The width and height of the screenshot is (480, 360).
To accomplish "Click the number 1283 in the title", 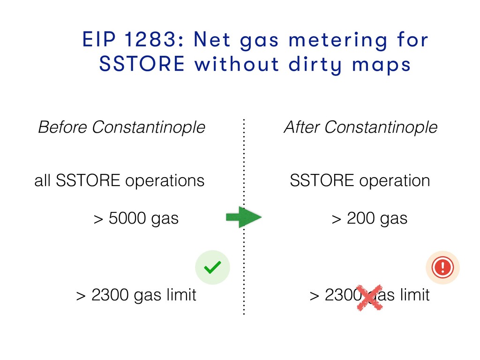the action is coord(150,39).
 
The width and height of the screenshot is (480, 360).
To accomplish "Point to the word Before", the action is coord(62,127).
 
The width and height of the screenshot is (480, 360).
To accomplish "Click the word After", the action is coord(302,127).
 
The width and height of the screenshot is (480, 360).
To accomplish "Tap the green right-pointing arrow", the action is coord(244,217).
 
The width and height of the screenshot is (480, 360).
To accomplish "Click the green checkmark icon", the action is coord(212,267).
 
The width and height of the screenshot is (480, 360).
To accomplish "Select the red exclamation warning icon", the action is coord(442,267).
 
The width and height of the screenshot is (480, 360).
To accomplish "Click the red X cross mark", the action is coord(370,298).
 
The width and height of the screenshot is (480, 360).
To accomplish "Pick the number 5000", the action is coord(127,218).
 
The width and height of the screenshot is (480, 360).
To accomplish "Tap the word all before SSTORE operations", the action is coord(42,180).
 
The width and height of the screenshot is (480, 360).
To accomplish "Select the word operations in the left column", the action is coord(165,181).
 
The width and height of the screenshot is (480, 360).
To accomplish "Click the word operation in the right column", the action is coord(395,181).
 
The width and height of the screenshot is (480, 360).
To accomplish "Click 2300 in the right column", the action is coord(343,295).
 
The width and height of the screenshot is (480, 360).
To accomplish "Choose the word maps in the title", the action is coord(381,65).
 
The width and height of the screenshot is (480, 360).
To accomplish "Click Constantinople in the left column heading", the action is coord(149,127).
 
